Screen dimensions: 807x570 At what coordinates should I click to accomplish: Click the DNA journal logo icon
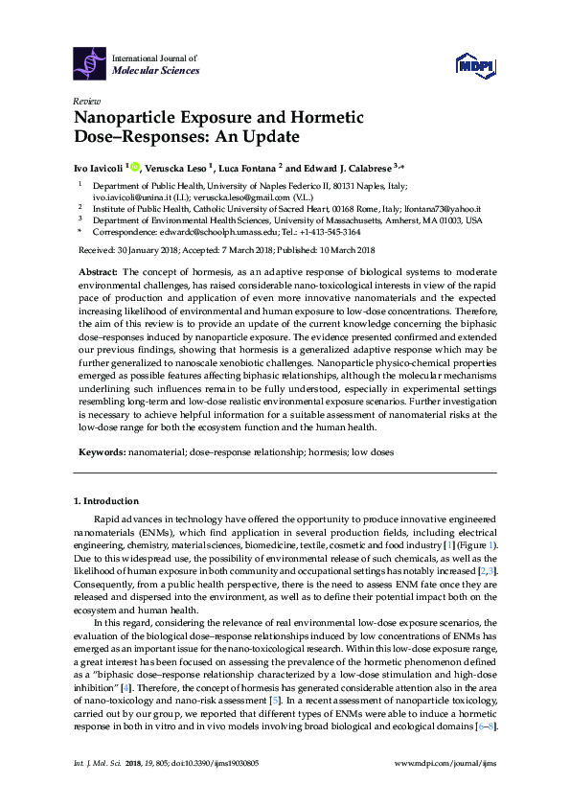pos(90,64)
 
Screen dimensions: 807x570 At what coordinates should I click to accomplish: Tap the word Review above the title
pos(85,101)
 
